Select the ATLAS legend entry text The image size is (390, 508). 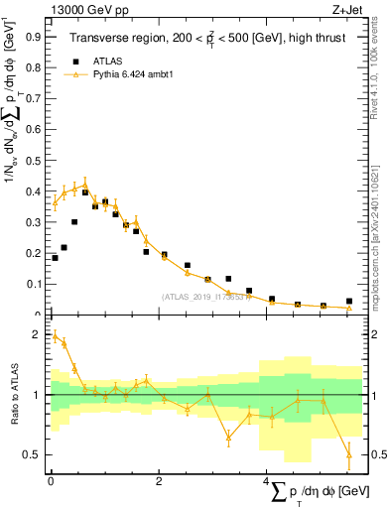(107, 60)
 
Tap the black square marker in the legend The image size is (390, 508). (72, 60)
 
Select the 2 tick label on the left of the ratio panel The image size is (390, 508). (40, 335)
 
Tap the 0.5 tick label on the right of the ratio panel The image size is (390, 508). (369, 454)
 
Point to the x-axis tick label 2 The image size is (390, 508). (159, 481)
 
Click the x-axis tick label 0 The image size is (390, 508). (51, 481)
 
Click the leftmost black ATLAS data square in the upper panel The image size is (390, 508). (55, 258)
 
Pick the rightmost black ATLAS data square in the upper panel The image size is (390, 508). (348, 301)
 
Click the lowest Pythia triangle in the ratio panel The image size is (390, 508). (348, 454)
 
